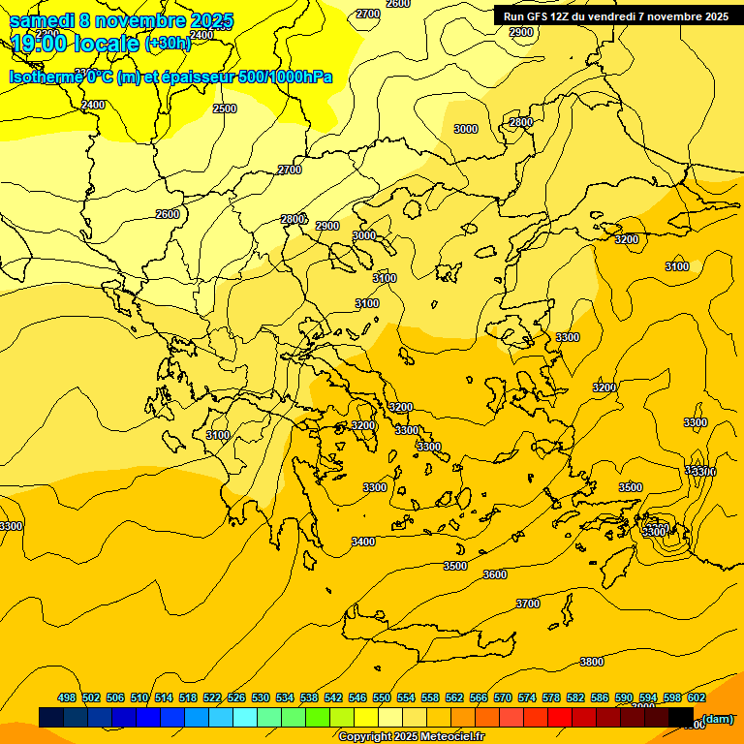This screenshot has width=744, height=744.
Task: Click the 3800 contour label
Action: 591,662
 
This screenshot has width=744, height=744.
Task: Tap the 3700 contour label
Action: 527,604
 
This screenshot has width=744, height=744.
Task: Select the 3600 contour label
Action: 494,574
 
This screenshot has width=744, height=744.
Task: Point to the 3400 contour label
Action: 363,542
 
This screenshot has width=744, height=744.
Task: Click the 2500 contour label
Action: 224,108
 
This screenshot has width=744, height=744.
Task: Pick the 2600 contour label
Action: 168,214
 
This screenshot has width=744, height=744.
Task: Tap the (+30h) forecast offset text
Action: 168,44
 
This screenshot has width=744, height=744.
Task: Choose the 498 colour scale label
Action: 67,697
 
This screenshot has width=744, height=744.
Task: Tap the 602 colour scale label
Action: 697,697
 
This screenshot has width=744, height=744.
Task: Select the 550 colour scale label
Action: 382,697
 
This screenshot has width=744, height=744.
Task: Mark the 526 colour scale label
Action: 236,697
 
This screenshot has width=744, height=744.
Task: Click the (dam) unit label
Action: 718,718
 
